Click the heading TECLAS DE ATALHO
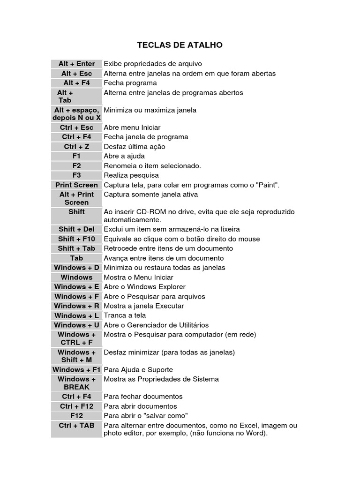point(180,45)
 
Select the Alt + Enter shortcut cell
point(76,64)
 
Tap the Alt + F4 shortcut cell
point(76,83)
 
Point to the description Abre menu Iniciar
point(132,127)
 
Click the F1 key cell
point(76,156)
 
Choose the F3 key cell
point(76,175)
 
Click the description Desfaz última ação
point(134,147)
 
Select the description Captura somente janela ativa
point(150,195)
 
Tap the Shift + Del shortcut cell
point(76,229)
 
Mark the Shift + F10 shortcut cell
point(76,239)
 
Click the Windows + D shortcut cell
point(76,268)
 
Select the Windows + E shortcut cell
point(76,287)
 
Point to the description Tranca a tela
point(125,315)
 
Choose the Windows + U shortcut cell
point(76,325)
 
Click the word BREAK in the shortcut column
point(76,387)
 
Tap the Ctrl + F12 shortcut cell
point(76,406)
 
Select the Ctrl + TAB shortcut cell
point(76,426)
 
